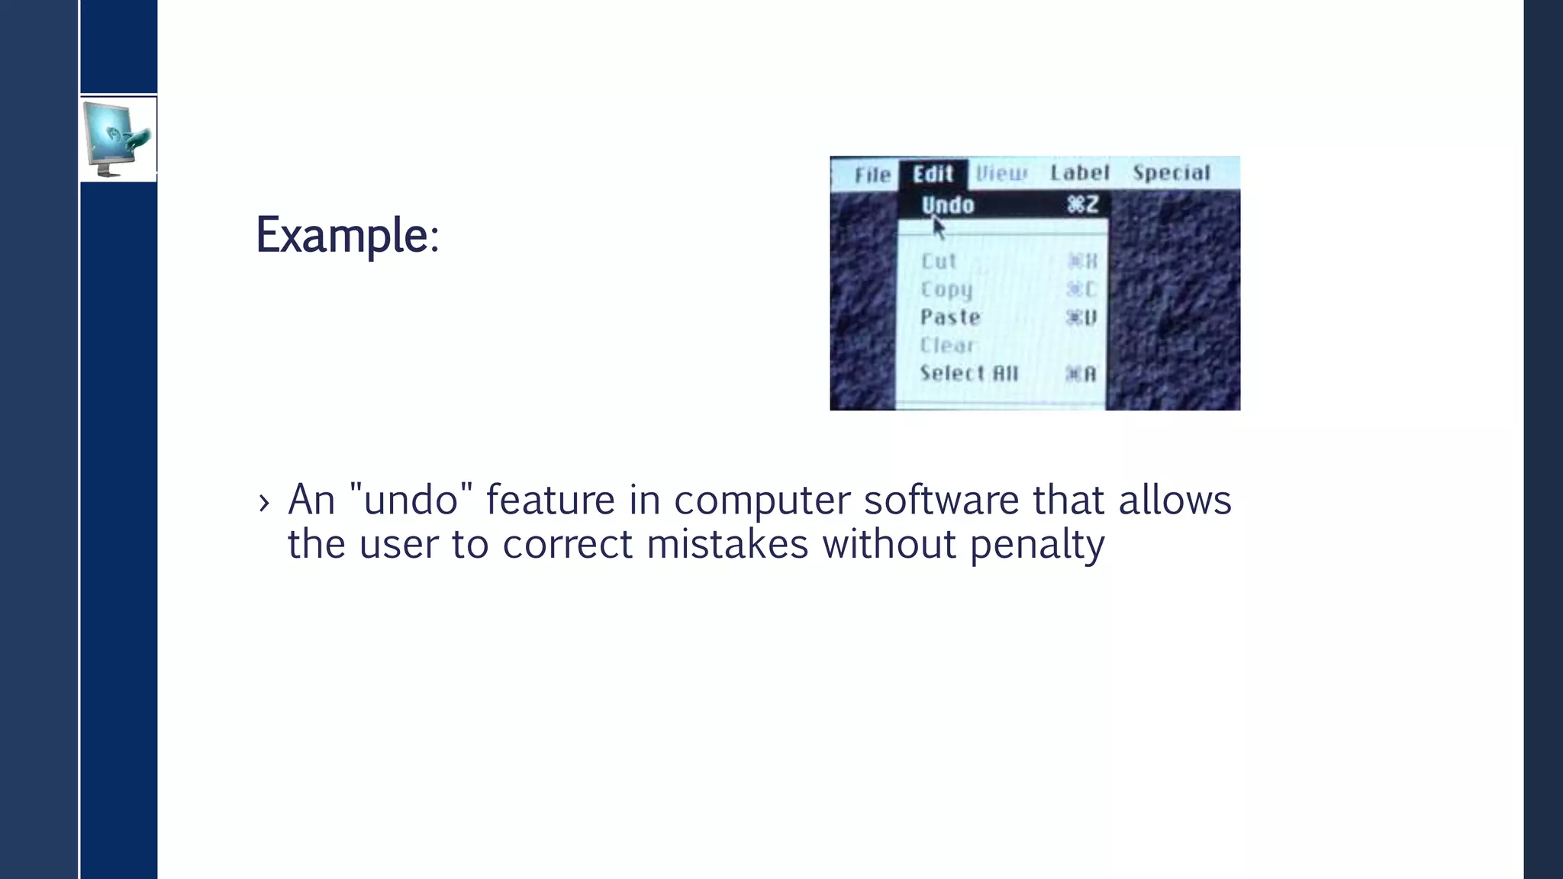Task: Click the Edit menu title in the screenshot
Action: tap(933, 174)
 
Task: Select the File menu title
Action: tap(872, 175)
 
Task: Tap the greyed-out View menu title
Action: tap(1001, 174)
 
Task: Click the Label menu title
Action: tap(1079, 173)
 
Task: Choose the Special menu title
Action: tap(1171, 173)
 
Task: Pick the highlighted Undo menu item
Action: tap(948, 205)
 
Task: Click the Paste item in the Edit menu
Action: tap(950, 317)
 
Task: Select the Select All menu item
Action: tap(969, 373)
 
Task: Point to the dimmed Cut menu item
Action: tap(939, 261)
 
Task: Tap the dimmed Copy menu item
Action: tap(946, 289)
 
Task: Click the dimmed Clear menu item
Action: tap(947, 345)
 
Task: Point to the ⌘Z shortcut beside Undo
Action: tap(1082, 204)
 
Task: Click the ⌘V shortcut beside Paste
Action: tap(1081, 317)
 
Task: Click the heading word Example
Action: tap(343, 235)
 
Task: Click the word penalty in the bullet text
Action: tap(1036, 545)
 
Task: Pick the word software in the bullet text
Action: tap(941, 501)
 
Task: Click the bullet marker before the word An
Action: tap(264, 503)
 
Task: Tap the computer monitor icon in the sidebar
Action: tap(118, 139)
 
